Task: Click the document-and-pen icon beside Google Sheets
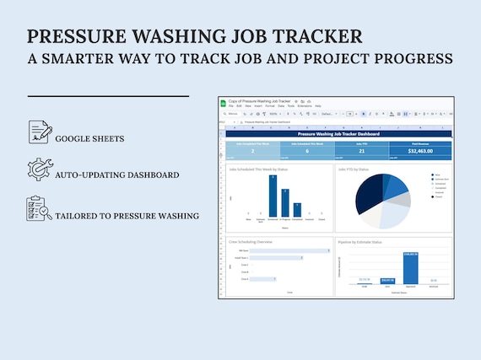tap(40, 132)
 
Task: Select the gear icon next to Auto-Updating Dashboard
tap(40, 169)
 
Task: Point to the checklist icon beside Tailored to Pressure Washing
tap(40, 208)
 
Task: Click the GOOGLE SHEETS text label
tap(90, 137)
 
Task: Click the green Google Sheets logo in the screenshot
tap(224, 103)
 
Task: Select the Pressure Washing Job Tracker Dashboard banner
tap(338, 133)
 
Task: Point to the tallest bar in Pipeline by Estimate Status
tap(410, 267)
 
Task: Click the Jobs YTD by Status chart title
tap(354, 169)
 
